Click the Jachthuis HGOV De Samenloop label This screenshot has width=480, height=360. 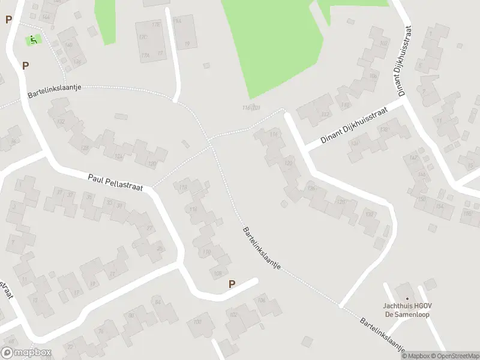click(407, 310)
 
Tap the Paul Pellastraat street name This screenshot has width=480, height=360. click(115, 183)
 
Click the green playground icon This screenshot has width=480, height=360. click(34, 40)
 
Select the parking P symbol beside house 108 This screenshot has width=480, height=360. click(232, 284)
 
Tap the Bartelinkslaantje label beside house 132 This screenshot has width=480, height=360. click(54, 91)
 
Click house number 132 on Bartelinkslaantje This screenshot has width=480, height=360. click(60, 121)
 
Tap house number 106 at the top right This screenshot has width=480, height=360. click(373, 76)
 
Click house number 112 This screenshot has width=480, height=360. click(325, 114)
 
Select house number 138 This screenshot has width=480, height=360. click(384, 129)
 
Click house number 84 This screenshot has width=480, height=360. click(158, 302)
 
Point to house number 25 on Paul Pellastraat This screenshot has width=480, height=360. click(159, 249)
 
